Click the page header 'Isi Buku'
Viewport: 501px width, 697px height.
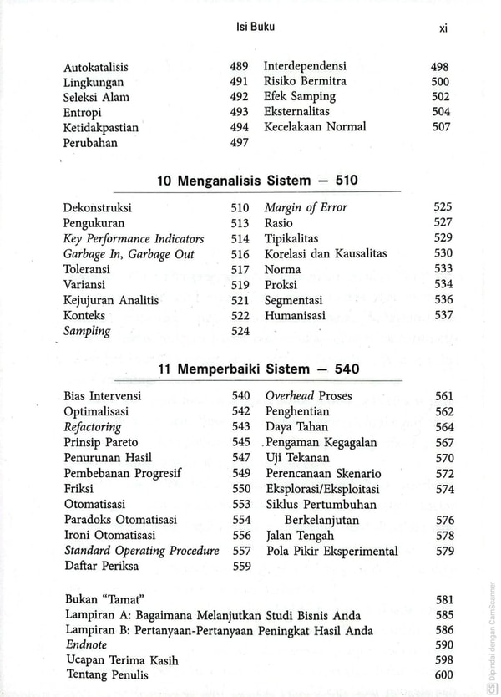[x=256, y=27]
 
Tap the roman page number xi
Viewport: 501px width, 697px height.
[x=443, y=28]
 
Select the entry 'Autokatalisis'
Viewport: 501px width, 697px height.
[x=96, y=67]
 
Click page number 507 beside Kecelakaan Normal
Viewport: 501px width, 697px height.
[x=441, y=127]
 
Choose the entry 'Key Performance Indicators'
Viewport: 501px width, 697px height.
[x=134, y=239]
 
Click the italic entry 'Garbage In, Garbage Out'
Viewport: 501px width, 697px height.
[x=129, y=254]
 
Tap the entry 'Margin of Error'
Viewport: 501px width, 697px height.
[x=306, y=207]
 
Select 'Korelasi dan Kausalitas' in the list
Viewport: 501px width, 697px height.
[x=326, y=253]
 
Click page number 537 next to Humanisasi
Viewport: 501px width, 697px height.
[x=443, y=315]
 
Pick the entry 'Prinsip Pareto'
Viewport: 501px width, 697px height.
[x=101, y=442]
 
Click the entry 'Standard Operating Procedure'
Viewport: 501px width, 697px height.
[x=142, y=551]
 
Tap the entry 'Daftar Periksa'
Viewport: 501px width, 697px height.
[x=101, y=566]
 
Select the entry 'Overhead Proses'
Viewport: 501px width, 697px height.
[x=309, y=396]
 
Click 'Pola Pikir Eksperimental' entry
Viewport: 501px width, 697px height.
[x=331, y=551]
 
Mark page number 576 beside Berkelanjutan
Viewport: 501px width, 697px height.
[x=445, y=520]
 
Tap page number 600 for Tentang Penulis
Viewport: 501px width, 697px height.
[x=444, y=675]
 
